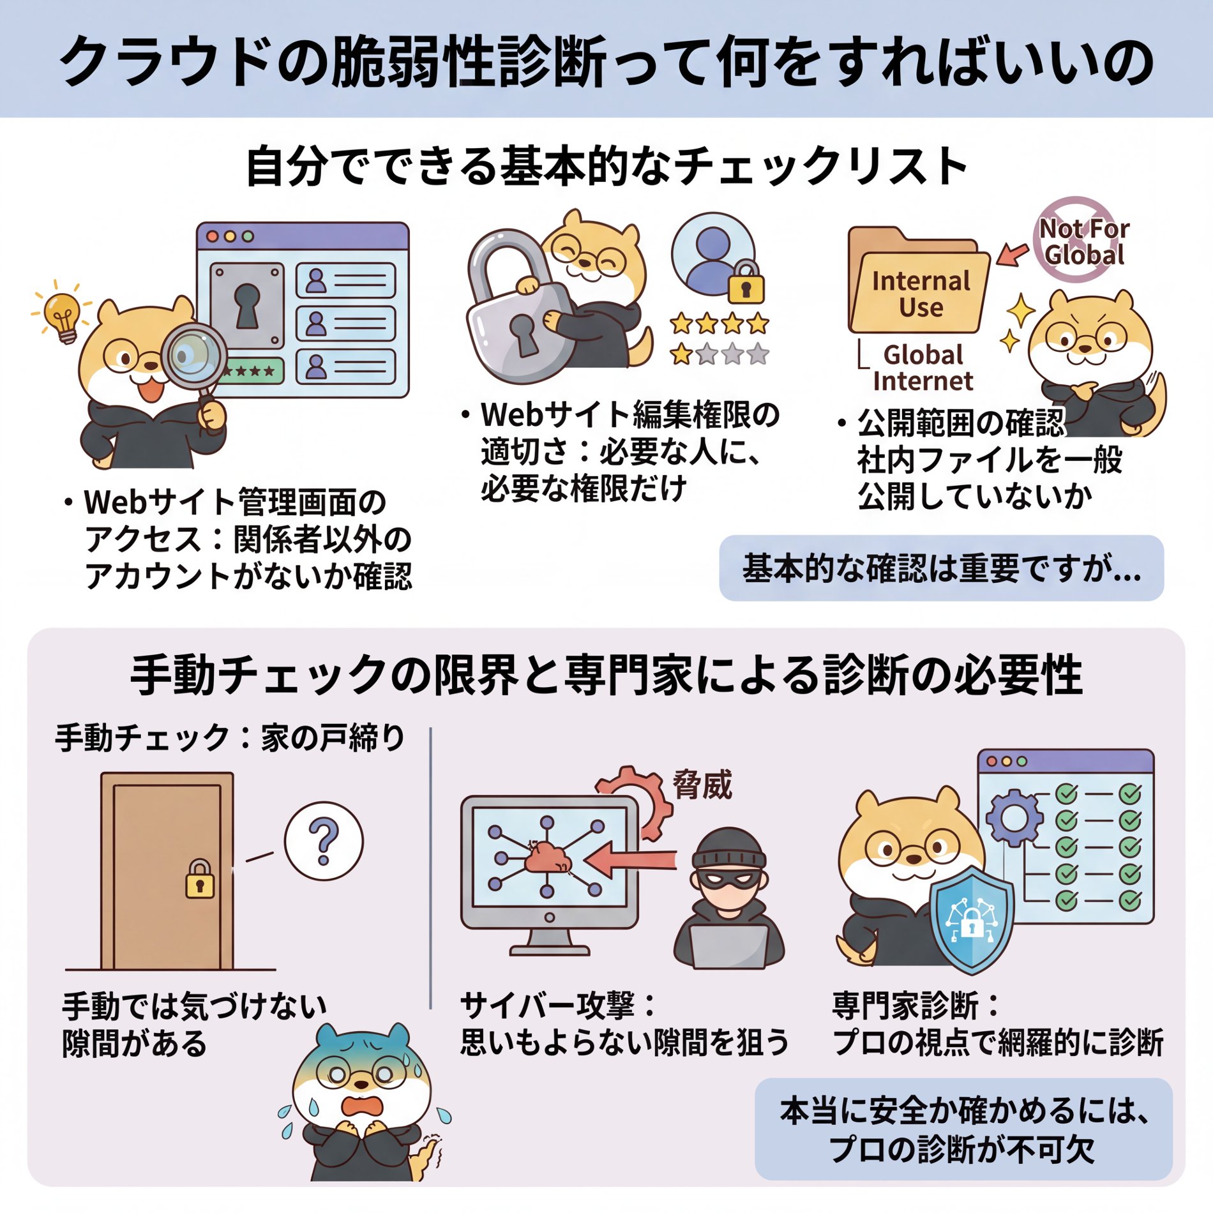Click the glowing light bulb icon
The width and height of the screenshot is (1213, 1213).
tap(63, 314)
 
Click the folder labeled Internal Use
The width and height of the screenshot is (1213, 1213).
tap(919, 290)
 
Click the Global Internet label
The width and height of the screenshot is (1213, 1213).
tap(923, 368)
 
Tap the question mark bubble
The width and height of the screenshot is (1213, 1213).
tap(324, 841)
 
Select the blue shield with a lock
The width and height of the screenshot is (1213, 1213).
tap(971, 919)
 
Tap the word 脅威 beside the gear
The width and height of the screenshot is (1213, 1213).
tap(702, 785)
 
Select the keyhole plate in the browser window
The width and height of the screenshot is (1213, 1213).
tap(247, 305)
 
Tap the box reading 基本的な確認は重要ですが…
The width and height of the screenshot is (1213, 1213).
tap(941, 568)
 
